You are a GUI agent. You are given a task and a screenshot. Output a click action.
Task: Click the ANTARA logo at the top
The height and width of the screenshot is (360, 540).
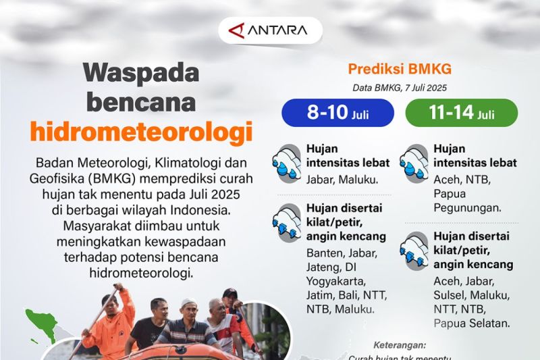click(269, 30)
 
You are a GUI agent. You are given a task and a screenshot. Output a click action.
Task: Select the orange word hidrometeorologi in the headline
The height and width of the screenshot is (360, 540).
click(140, 131)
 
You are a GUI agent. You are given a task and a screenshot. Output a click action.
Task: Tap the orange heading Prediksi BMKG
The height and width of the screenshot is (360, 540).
click(400, 69)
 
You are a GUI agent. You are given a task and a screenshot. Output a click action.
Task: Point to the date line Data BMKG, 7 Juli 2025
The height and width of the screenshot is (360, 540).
click(400, 87)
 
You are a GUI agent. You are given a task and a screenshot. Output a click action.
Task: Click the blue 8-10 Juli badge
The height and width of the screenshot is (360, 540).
click(337, 113)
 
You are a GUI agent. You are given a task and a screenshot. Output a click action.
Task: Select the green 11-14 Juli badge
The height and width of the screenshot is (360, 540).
click(462, 113)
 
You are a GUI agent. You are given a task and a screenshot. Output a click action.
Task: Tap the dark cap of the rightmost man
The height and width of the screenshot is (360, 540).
click(230, 293)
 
